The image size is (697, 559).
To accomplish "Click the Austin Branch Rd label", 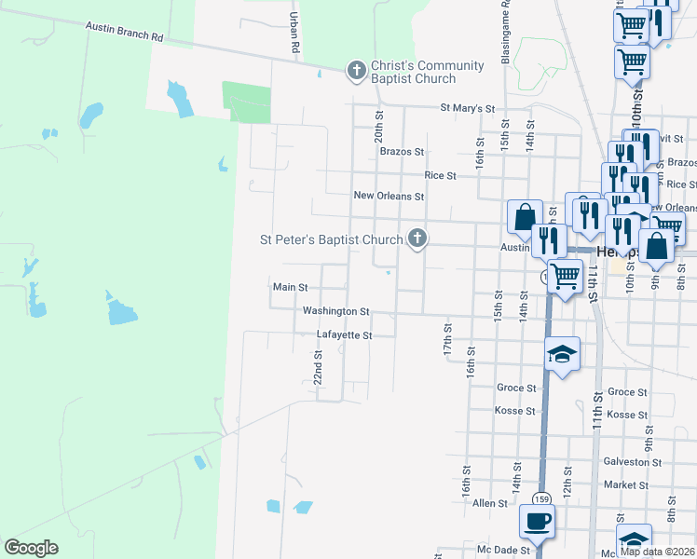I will (x=124, y=33).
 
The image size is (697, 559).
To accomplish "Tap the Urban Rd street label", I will (x=294, y=32).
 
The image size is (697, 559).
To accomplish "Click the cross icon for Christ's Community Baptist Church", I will (x=356, y=71).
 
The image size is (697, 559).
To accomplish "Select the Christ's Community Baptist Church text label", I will (x=427, y=72).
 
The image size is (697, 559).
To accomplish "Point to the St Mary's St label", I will (x=467, y=108).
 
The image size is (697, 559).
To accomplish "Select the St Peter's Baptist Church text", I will (x=330, y=239).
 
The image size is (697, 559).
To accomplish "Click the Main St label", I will (x=290, y=288).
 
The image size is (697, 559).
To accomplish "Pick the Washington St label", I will (x=335, y=311).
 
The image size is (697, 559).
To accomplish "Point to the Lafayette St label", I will (x=344, y=334).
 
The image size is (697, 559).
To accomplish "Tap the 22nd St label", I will (x=318, y=368).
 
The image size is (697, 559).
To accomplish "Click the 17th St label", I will (x=447, y=340).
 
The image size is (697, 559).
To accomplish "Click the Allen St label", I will (x=489, y=503).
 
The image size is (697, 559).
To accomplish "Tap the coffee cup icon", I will (x=537, y=521).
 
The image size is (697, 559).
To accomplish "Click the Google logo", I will (x=31, y=548).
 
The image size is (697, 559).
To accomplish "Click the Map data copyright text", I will (x=657, y=552).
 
